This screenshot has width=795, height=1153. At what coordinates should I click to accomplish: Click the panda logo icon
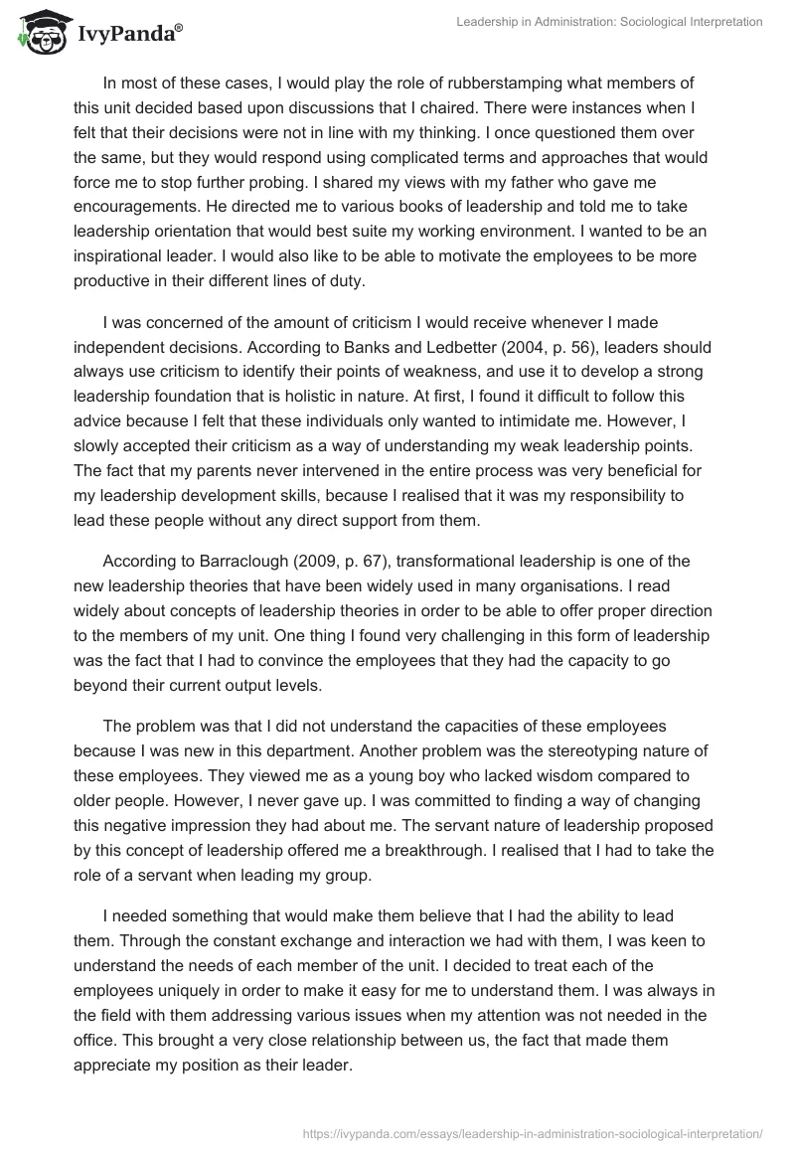click(x=38, y=31)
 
